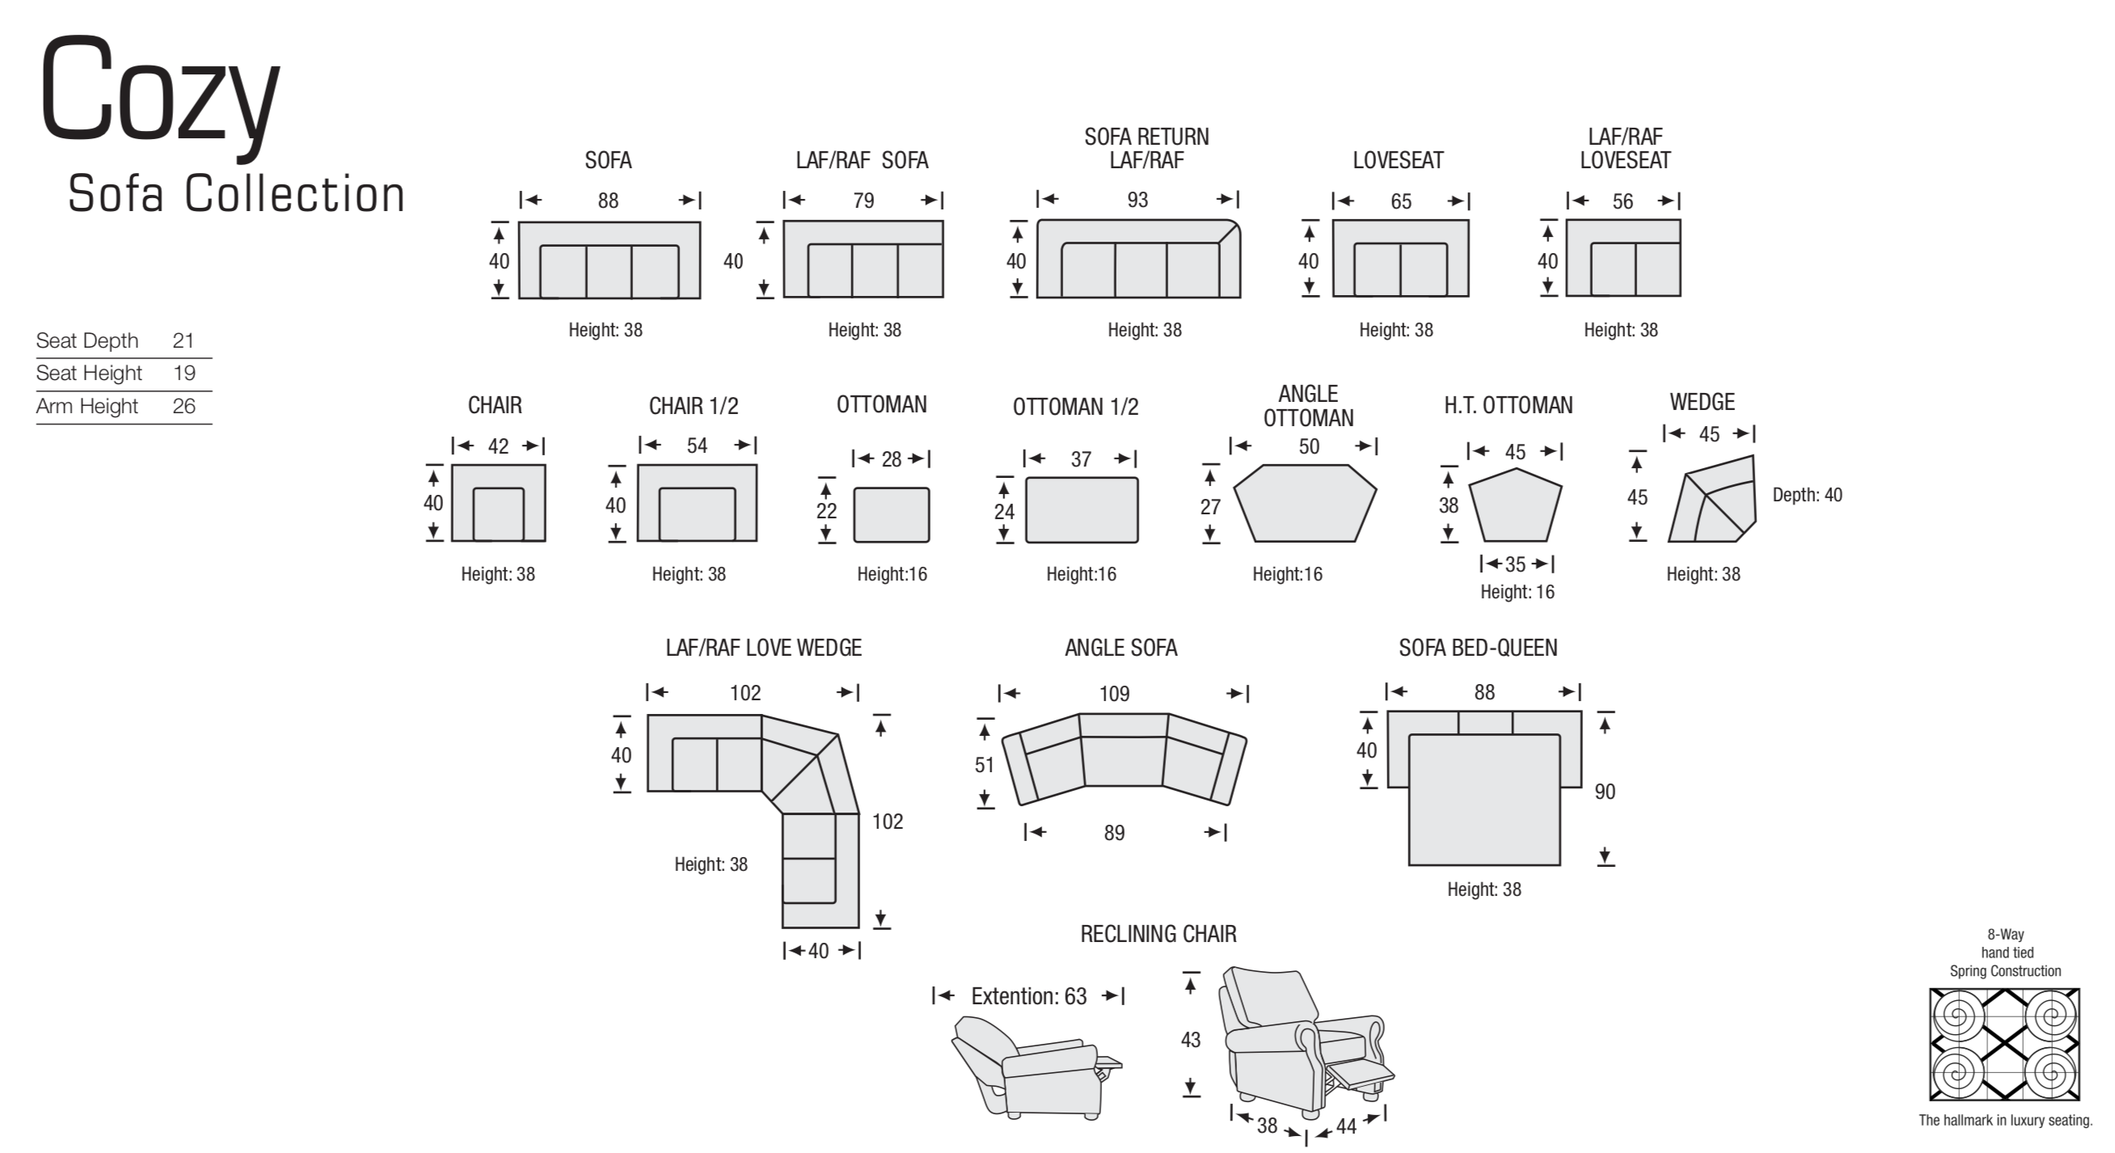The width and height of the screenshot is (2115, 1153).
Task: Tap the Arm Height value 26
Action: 184,406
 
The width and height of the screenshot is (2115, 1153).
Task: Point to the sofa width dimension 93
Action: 1138,200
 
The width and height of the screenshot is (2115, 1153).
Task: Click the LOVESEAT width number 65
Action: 1400,201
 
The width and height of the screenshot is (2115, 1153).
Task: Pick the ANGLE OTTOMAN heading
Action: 1308,406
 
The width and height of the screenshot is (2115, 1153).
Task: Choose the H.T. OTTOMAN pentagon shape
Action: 1515,506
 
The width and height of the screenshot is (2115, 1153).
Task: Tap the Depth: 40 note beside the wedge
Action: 1807,494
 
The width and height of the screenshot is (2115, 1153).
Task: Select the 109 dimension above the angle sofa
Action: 1114,694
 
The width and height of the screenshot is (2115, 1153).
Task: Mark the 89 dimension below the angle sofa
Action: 1114,833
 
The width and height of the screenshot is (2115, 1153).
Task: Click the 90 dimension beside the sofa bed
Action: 1604,792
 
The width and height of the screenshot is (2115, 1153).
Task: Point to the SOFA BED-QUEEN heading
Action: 1478,648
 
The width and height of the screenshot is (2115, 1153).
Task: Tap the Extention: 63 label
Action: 1028,996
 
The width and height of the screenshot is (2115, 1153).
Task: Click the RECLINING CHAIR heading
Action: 1158,934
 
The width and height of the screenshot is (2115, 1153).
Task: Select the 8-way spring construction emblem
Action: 2004,1045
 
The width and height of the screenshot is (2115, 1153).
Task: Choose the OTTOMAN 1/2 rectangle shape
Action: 1081,510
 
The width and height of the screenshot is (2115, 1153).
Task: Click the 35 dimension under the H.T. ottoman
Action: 1515,564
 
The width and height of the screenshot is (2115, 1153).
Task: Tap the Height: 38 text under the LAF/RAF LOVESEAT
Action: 1621,330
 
